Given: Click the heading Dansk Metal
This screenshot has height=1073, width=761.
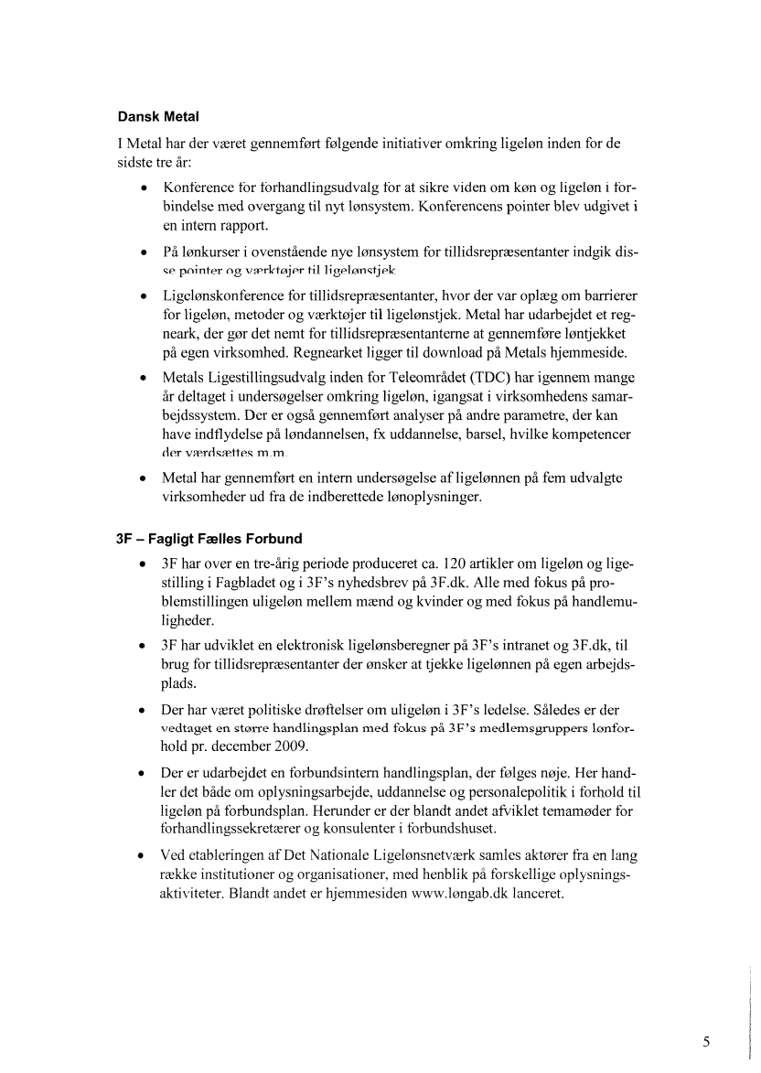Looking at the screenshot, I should point(158,117).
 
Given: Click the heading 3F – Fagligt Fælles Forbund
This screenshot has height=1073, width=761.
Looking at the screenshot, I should point(209,538).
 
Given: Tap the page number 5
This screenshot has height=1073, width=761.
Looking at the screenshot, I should point(706,1041).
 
